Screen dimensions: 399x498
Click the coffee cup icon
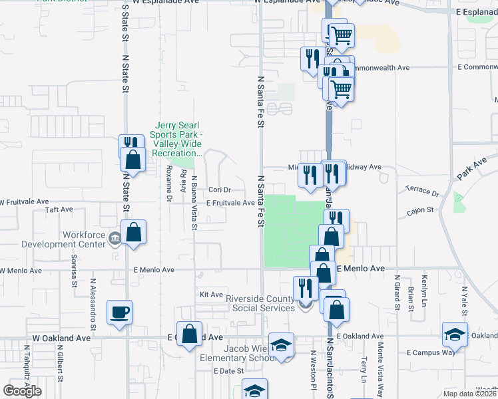119,312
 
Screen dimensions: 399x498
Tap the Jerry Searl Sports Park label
178,139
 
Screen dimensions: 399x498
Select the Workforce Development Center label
84,239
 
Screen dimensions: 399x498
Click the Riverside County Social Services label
260,303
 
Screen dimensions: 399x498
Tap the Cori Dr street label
219,190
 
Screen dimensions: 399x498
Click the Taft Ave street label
59,209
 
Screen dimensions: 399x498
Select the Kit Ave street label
211,293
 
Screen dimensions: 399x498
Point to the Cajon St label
421,209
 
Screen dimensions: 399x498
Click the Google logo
22,391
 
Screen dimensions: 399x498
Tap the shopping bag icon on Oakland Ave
190,335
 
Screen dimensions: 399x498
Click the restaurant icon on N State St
130,146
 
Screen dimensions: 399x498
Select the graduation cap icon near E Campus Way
455,334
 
